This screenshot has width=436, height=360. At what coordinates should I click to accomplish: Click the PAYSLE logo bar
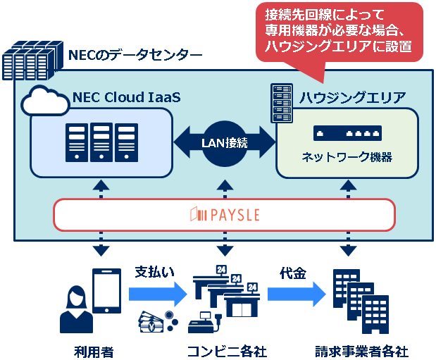[225, 214]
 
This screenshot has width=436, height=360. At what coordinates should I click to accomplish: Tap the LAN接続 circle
[225, 143]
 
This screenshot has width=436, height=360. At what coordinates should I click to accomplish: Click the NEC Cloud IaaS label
[126, 97]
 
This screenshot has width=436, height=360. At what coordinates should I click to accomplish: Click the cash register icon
[207, 323]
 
